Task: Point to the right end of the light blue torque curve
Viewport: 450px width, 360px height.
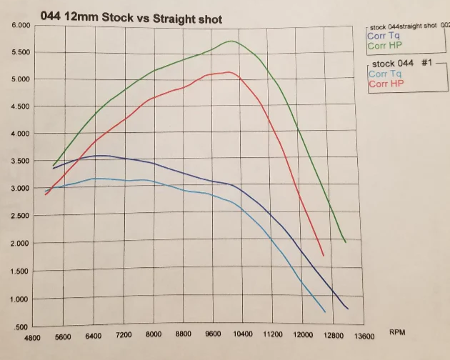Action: [325, 311]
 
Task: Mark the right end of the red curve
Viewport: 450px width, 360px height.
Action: [324, 255]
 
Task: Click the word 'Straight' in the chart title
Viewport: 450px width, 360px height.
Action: [170, 19]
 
